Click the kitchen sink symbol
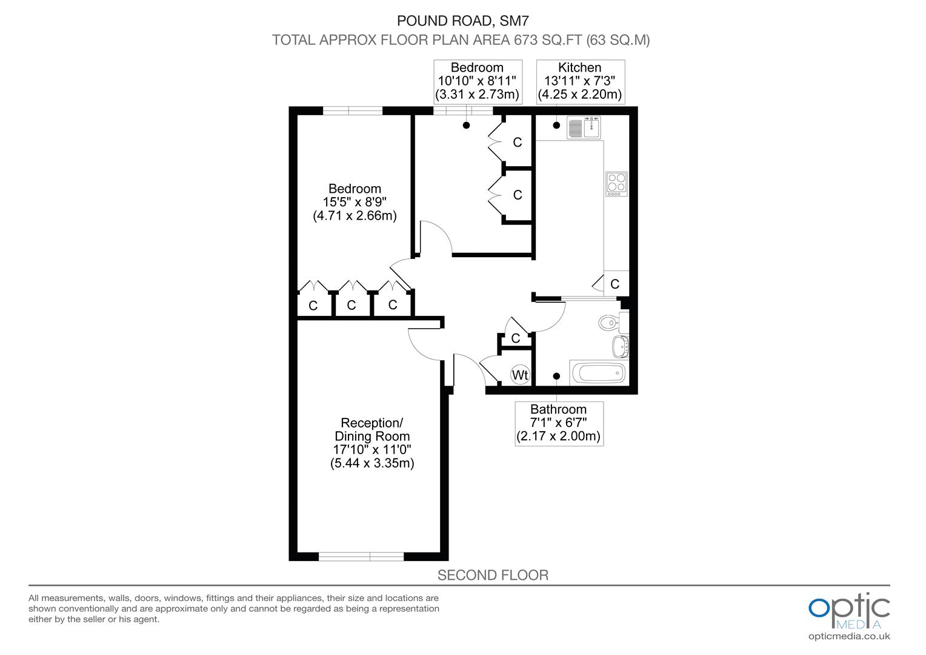pyautogui.click(x=583, y=127)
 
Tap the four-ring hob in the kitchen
pyautogui.click(x=616, y=184)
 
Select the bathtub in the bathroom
pyautogui.click(x=598, y=372)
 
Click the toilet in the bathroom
pyautogui.click(x=608, y=323)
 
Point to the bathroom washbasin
pyautogui.click(x=621, y=346)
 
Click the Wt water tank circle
pyautogui.click(x=520, y=375)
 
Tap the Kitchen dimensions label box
pyautogui.click(x=580, y=81)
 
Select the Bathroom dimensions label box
pyautogui.click(x=559, y=423)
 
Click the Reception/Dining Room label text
pyautogui.click(x=372, y=429)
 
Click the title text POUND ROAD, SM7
pyautogui.click(x=462, y=21)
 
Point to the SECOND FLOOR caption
pyautogui.click(x=493, y=575)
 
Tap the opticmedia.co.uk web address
pyautogui.click(x=849, y=636)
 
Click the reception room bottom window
pyautogui.click(x=361, y=556)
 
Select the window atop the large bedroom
pyautogui.click(x=353, y=110)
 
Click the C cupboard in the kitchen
pyautogui.click(x=615, y=284)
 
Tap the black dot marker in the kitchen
pyautogui.click(x=556, y=126)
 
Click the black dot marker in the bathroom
pyautogui.click(x=556, y=376)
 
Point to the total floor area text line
pyautogui.click(x=461, y=40)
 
